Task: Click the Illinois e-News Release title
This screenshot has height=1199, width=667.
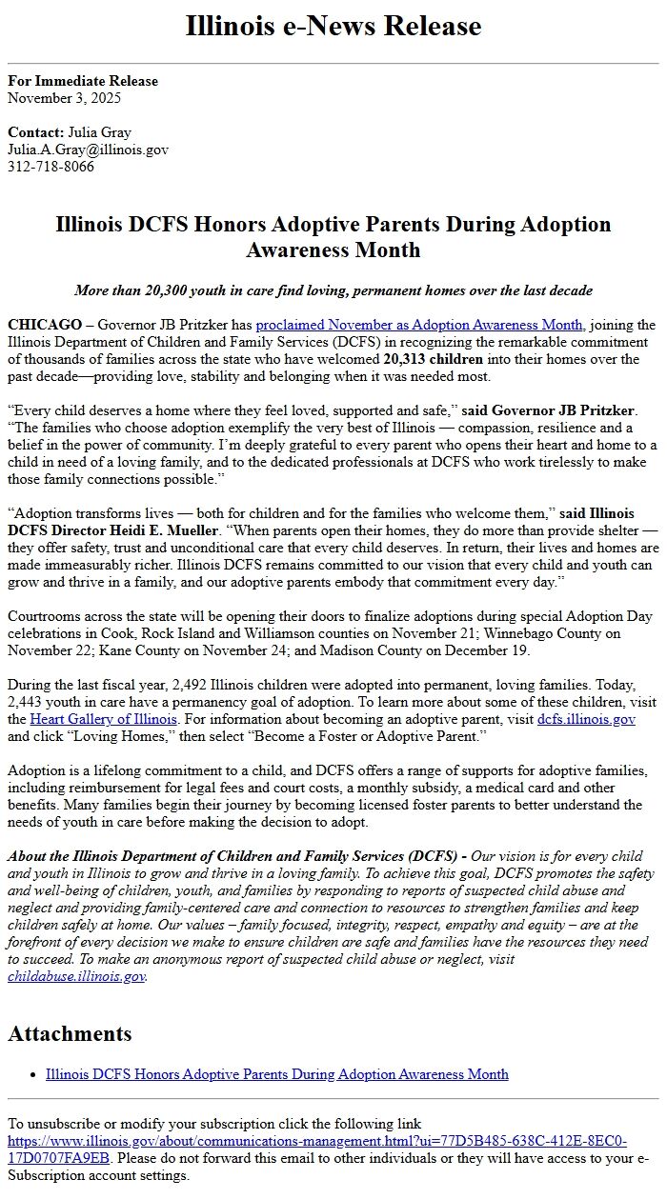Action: tap(333, 27)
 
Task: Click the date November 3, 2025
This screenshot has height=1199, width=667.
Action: tap(64, 98)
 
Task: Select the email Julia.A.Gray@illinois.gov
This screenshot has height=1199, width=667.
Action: tap(88, 150)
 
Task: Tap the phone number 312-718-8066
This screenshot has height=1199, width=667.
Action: tap(51, 167)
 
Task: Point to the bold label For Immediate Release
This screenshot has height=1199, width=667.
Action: tap(83, 81)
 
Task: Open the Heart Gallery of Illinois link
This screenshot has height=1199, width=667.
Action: tap(103, 719)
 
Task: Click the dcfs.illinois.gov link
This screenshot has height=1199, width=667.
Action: tap(586, 719)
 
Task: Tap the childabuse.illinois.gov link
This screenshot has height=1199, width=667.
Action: tap(76, 976)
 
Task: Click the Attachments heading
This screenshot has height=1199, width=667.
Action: tap(70, 1034)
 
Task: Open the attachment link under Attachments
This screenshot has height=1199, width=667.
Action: tap(276, 1074)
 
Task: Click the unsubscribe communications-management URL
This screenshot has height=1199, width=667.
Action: tap(317, 1141)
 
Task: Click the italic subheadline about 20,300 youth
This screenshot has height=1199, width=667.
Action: tap(333, 290)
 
